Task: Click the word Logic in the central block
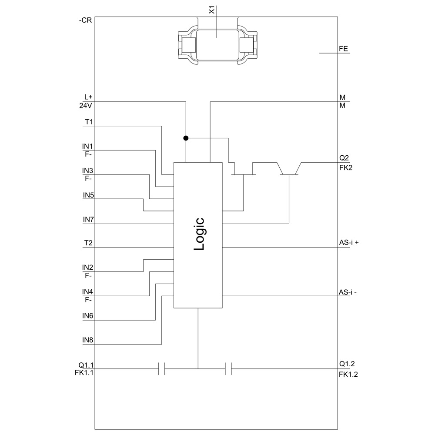point(199,234)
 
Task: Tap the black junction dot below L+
point(186,138)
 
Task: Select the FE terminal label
point(343,49)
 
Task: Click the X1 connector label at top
point(212,11)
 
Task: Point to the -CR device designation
point(85,20)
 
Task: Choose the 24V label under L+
point(85,106)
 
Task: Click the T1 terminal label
point(89,122)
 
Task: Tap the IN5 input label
point(88,195)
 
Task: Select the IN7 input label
point(88,219)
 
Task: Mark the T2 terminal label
point(88,243)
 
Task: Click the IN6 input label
point(87,316)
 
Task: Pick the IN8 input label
point(87,340)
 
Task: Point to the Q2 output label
point(344,158)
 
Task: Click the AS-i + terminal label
point(349,242)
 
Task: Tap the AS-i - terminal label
point(348,292)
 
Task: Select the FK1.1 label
point(84,373)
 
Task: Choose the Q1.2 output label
point(347,364)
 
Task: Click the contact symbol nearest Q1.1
point(161,369)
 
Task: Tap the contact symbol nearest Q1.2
point(228,369)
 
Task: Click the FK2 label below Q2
point(346,168)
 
